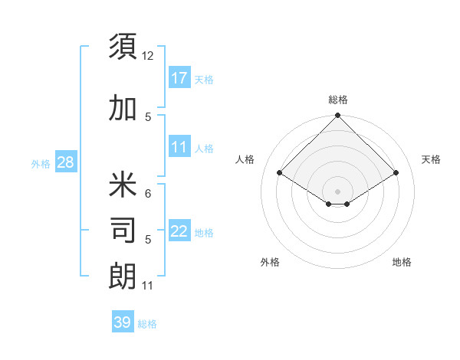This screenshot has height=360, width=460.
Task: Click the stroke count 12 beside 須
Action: pyautogui.click(x=147, y=56)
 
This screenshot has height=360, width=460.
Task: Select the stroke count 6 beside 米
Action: pyautogui.click(x=148, y=194)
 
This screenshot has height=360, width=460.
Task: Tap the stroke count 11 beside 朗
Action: pyautogui.click(x=147, y=286)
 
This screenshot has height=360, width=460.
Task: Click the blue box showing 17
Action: pyautogui.click(x=179, y=78)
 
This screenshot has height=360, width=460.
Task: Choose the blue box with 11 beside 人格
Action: pyautogui.click(x=179, y=147)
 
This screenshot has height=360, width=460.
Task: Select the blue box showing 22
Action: pyautogui.click(x=179, y=231)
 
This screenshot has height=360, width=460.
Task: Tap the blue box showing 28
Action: pyautogui.click(x=65, y=162)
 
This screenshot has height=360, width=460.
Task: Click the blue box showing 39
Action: pyautogui.click(x=122, y=322)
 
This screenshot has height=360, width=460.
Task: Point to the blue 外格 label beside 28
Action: pyautogui.click(x=41, y=163)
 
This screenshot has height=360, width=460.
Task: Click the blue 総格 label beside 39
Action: pyautogui.click(x=147, y=324)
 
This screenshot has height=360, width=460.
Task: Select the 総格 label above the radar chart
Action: pyautogui.click(x=337, y=100)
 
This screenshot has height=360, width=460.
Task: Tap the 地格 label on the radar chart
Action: pyautogui.click(x=402, y=262)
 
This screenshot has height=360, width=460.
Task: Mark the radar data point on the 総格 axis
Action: pyautogui.click(x=337, y=116)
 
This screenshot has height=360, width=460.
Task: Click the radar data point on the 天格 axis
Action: pyautogui.click(x=396, y=173)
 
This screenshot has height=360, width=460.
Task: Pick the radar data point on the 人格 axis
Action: pyautogui.click(x=280, y=173)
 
